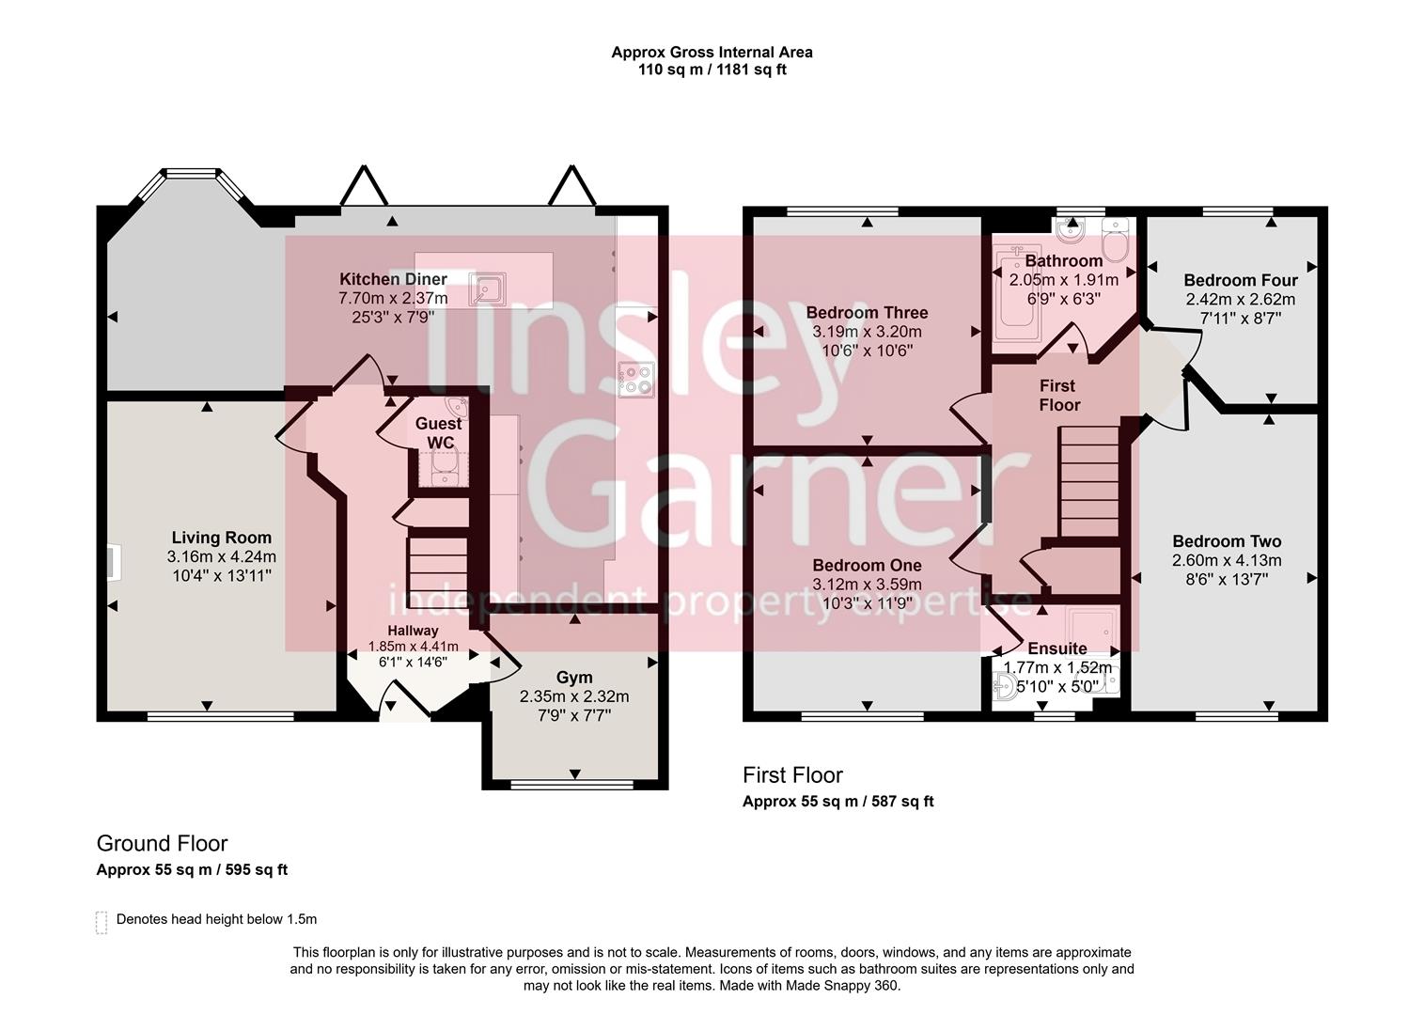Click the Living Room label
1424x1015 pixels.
pos(221,539)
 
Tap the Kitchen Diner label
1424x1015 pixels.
pos(393,279)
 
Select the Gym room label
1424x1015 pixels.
pos(574,678)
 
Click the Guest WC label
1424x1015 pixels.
pos(439,433)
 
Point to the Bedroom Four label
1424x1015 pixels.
pos(1240,280)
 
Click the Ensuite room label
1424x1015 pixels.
pos(1056,648)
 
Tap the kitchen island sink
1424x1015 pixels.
pos(487,289)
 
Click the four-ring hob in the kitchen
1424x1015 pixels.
pos(636,379)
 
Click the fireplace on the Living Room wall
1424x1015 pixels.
pos(112,561)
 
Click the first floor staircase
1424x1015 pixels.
pos(1089,479)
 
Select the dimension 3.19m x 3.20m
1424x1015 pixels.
pos(867,332)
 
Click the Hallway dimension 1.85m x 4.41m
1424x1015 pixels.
pos(413,647)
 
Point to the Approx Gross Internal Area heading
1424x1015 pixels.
pos(712,53)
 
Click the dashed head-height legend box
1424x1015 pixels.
pos(102,922)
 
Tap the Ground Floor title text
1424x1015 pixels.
pos(162,843)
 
